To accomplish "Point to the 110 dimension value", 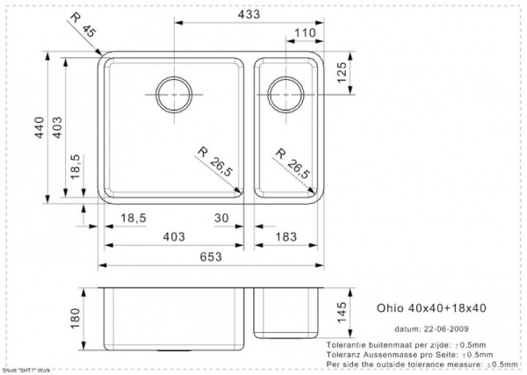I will click(x=305, y=33).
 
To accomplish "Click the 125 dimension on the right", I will click(x=345, y=72).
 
